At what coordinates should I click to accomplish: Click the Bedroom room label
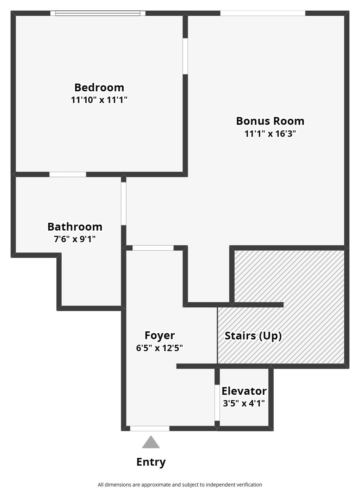click(99, 88)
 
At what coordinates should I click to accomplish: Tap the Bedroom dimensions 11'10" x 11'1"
click(99, 100)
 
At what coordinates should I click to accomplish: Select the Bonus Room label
click(270, 121)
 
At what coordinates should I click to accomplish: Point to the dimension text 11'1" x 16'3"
click(270, 134)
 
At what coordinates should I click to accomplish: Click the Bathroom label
click(75, 227)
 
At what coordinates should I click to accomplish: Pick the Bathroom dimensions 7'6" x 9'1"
click(75, 239)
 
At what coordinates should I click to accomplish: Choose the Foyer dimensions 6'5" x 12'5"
click(159, 348)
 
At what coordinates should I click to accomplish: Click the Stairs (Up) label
click(253, 336)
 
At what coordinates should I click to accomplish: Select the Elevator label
click(244, 391)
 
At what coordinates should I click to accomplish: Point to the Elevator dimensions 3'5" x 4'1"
click(244, 403)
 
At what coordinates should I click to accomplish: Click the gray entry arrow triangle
click(151, 442)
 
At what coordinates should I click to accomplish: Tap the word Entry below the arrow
click(151, 462)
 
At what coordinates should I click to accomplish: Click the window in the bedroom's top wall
click(98, 13)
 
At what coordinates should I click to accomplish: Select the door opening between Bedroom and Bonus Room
click(185, 56)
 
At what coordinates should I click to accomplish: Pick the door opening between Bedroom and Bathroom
click(68, 174)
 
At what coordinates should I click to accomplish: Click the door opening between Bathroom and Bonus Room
click(124, 204)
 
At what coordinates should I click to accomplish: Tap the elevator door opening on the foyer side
click(217, 403)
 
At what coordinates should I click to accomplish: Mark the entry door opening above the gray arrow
click(150, 429)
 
